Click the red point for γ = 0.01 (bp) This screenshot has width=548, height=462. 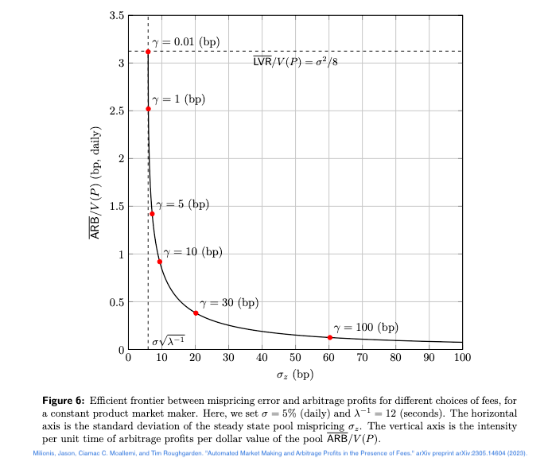(148, 52)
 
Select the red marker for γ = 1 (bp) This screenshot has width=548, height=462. (148, 109)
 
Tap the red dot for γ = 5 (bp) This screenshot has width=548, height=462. (152, 214)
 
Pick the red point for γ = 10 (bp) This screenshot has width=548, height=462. (160, 262)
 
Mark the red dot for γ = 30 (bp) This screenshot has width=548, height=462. (196, 313)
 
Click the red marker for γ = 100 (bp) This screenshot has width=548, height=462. (330, 338)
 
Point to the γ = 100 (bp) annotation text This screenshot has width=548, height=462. (365, 327)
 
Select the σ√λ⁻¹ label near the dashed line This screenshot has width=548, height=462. (168, 342)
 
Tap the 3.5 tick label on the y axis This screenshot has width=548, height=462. (116, 15)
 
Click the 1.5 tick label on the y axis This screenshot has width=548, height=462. (116, 207)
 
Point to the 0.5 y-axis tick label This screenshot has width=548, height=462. (116, 302)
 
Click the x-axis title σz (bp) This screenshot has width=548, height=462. (294, 374)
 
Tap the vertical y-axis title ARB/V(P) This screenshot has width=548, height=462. (95, 183)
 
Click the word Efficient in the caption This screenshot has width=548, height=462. (118, 400)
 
